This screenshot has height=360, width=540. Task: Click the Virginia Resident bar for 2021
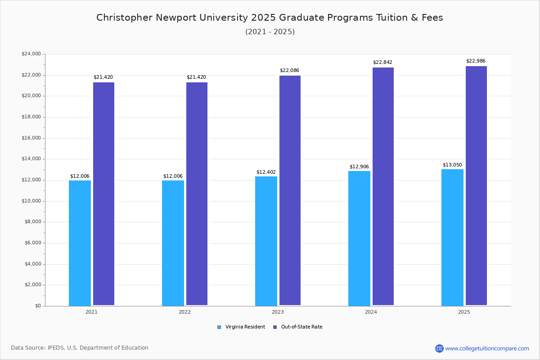pos(80,243)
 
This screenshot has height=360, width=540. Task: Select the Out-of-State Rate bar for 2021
pos(103,194)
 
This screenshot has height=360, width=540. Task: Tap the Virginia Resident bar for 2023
pos(266,241)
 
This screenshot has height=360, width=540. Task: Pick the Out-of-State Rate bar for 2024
pos(383,186)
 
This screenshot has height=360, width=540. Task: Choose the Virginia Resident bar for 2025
pos(452,238)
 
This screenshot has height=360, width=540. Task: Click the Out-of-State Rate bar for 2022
pos(197,194)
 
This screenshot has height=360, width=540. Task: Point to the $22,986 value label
pos(476,61)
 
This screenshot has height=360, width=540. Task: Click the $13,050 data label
pos(452,165)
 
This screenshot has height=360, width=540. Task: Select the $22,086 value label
pos(289,71)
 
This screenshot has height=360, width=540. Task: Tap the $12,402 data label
pos(266,172)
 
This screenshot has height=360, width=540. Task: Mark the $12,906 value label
pos(359,167)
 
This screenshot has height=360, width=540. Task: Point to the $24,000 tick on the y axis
pos(31,54)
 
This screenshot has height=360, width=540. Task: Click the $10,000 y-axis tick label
pos(31,201)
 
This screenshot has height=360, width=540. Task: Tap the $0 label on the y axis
pos(37,306)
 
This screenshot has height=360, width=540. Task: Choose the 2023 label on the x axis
pos(278,312)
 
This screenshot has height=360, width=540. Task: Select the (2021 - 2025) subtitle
pos(270,32)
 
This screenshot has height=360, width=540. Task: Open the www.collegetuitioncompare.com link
pos(487,348)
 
